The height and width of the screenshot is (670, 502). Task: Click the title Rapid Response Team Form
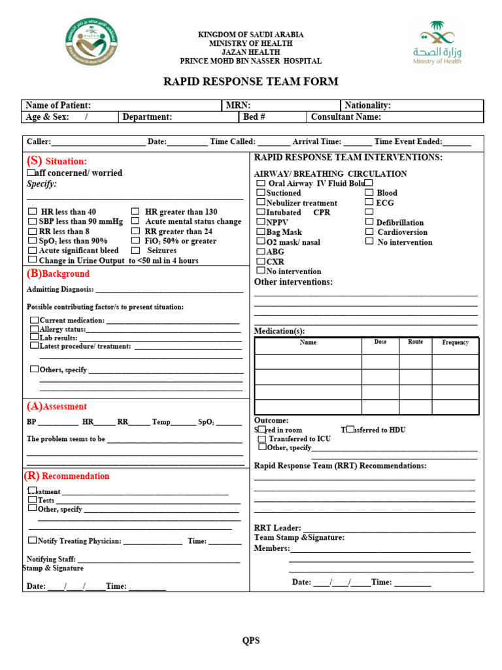click(x=250, y=82)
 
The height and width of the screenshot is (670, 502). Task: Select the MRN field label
click(x=238, y=105)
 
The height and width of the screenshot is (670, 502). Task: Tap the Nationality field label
click(x=367, y=105)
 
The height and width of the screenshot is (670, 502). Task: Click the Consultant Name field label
click(x=346, y=117)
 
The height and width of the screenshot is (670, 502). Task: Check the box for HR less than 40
click(x=33, y=211)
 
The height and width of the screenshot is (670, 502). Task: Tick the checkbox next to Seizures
click(x=135, y=250)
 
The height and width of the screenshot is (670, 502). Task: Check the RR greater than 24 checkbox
click(x=135, y=231)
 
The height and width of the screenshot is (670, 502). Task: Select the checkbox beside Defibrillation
click(x=369, y=222)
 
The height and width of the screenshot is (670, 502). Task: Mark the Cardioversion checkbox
click(x=369, y=232)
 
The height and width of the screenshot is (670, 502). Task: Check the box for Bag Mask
click(x=261, y=232)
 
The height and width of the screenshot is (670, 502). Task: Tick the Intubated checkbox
click(x=261, y=212)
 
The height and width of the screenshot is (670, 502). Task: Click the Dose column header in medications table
click(x=380, y=342)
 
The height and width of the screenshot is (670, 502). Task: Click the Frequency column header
click(x=455, y=342)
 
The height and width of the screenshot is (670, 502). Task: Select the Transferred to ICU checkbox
click(x=261, y=438)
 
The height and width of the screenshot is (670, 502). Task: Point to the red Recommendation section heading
click(x=67, y=476)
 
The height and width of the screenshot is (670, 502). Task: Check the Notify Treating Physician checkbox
click(x=33, y=540)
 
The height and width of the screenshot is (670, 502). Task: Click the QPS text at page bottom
click(x=251, y=641)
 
